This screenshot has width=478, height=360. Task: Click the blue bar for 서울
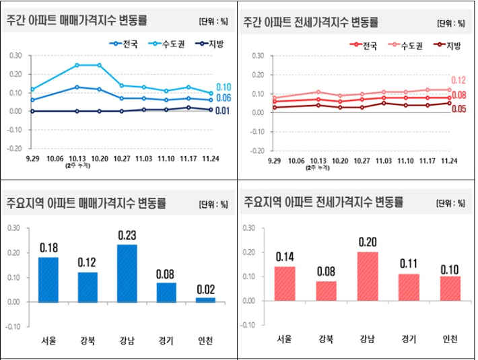48,279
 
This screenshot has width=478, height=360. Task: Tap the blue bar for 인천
207,299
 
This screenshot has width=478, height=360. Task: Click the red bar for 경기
408,287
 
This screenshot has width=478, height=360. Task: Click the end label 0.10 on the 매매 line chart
224,87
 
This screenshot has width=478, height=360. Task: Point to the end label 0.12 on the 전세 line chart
458,80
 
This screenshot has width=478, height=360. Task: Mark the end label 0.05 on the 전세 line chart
458,108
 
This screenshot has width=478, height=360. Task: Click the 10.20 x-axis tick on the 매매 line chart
99,159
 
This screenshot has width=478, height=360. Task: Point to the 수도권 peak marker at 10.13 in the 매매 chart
77,65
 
